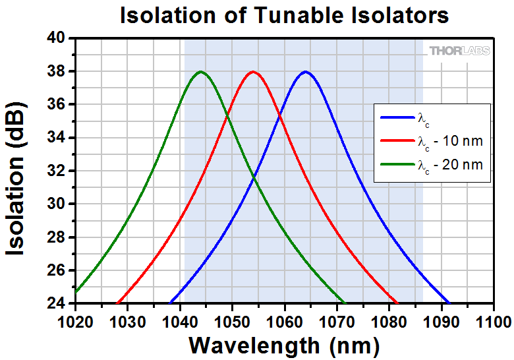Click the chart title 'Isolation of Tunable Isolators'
click(284, 15)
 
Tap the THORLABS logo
click(459, 51)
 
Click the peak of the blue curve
click(304, 71)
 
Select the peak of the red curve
click(252, 71)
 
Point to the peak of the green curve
click(200, 71)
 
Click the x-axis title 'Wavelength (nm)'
click(284, 344)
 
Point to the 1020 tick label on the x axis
click(76, 321)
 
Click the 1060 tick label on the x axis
click(284, 321)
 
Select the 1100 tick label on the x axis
click(492, 321)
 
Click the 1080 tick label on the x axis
click(388, 321)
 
